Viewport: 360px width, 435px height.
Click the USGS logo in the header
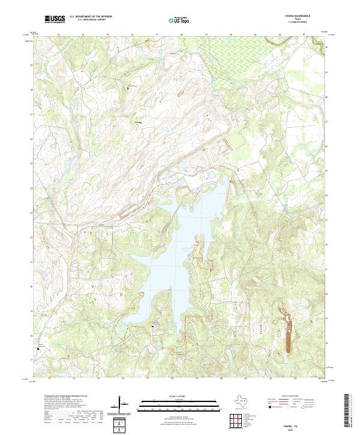tap(55, 19)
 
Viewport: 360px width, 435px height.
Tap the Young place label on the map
tap(138, 120)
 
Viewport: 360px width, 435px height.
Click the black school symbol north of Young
tap(127, 88)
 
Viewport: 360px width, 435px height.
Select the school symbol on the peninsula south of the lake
tap(154, 325)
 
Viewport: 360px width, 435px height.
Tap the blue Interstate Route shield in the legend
tap(270, 406)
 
